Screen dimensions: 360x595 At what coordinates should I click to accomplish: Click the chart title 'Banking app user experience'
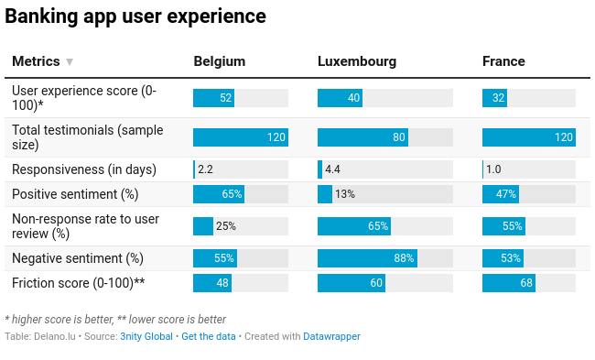tap(135, 16)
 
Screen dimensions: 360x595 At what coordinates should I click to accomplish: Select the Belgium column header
tap(220, 61)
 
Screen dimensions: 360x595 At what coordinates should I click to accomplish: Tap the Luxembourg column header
tap(357, 61)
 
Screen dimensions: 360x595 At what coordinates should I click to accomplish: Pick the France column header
tap(503, 61)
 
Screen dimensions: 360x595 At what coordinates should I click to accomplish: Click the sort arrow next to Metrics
tap(70, 62)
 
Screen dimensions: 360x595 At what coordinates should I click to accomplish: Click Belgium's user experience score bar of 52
tap(214, 98)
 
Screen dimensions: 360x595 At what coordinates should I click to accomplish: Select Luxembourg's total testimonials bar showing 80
tap(362, 137)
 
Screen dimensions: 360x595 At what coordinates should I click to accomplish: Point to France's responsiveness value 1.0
tap(493, 169)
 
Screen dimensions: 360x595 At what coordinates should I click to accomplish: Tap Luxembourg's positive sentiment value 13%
tap(345, 194)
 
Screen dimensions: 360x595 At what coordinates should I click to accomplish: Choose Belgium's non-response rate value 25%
tap(225, 226)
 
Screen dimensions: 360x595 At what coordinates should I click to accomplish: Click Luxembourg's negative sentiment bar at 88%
tap(367, 258)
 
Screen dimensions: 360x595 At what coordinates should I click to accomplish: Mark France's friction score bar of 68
tap(509, 283)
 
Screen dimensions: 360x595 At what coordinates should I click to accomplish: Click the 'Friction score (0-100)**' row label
tap(79, 283)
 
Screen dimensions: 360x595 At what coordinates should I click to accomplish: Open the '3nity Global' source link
tap(146, 336)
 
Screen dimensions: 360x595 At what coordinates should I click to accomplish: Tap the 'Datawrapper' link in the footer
tap(331, 336)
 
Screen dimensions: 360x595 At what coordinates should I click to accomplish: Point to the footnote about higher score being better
tap(115, 320)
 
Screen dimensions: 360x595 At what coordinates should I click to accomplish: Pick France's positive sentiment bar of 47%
tap(501, 194)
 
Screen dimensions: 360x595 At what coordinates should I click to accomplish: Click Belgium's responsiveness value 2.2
tap(205, 169)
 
